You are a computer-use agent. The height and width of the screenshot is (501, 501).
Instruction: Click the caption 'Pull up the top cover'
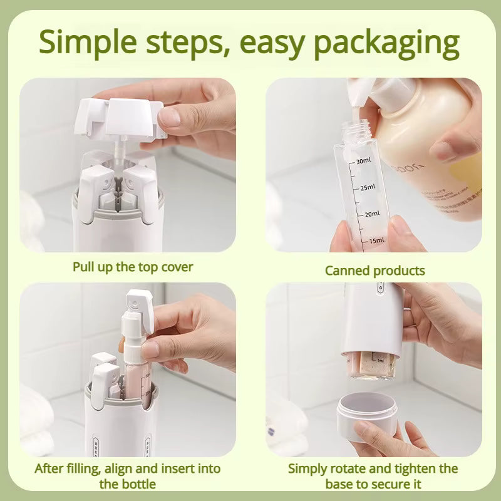coord(133,267)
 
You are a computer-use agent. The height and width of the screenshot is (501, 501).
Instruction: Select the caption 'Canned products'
coord(374,271)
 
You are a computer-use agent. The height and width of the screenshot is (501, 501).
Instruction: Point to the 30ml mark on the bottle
coord(363,162)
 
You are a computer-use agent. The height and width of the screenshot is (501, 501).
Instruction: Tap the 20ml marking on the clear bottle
coord(371,214)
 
